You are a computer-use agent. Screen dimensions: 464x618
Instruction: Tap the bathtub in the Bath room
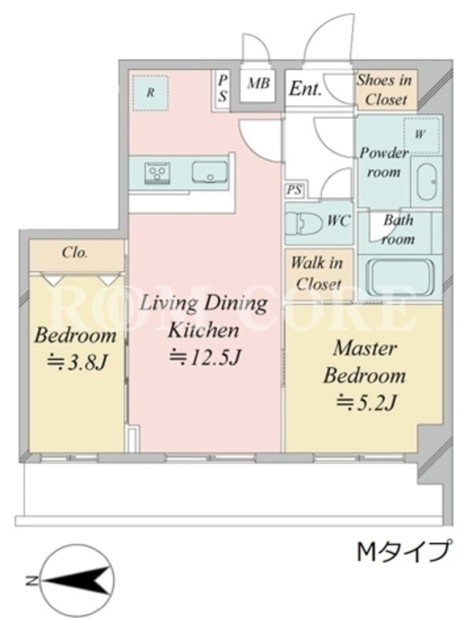400,277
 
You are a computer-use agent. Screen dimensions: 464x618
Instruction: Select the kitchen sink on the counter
210,172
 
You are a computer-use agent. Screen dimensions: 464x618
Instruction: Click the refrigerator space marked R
150,93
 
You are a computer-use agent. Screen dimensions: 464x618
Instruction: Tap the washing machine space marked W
421,134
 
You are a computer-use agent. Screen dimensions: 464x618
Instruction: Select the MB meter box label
258,83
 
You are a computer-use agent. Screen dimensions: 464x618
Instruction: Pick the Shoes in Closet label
385,90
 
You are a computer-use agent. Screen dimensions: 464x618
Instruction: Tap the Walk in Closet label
317,273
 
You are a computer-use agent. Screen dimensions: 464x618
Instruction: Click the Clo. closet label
75,253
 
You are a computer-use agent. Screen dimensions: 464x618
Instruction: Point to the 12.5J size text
205,357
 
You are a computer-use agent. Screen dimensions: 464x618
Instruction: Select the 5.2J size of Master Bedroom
366,402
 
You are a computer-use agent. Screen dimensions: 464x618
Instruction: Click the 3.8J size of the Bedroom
77,362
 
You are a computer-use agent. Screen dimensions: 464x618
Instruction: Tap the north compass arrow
76,581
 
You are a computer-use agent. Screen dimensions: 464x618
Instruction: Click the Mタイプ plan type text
403,552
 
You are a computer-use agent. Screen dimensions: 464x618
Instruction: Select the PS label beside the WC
295,190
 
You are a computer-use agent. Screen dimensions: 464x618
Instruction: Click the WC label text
339,221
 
